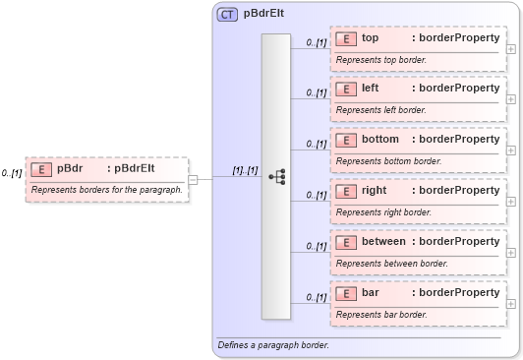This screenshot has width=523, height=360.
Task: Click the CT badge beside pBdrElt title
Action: click(x=227, y=15)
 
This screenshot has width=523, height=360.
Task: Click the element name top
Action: click(x=371, y=37)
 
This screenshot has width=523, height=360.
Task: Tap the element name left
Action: click(x=371, y=89)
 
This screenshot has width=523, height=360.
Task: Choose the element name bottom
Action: click(x=380, y=140)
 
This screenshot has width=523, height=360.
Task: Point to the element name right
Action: click(x=375, y=190)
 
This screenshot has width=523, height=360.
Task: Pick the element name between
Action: click(x=383, y=241)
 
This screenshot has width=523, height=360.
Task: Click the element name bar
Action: click(x=371, y=292)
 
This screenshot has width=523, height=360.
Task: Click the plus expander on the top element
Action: click(x=510, y=47)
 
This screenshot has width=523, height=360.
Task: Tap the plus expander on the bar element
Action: click(x=510, y=302)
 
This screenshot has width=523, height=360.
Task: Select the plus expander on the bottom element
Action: click(x=510, y=150)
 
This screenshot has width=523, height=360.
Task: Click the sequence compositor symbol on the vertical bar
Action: click(x=276, y=177)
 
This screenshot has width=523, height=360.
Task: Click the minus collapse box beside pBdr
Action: click(x=194, y=179)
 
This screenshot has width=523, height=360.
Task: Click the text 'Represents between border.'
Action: click(x=392, y=264)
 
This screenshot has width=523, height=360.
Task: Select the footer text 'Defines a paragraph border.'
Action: click(x=274, y=345)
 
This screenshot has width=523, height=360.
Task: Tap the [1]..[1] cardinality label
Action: click(x=245, y=170)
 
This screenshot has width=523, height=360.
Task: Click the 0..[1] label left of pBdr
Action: click(x=12, y=173)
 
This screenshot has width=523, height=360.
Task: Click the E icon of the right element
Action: click(x=345, y=190)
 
